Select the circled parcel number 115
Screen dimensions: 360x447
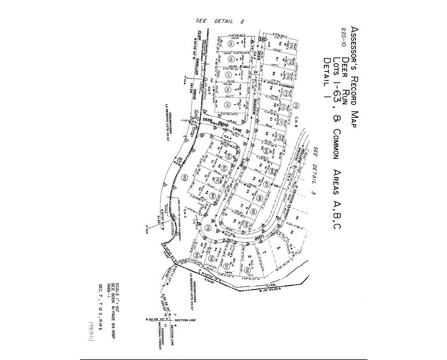228,105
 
